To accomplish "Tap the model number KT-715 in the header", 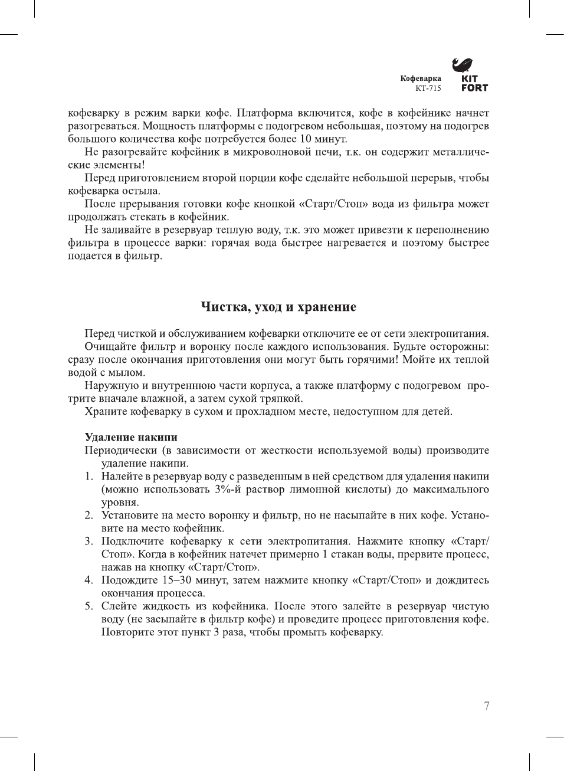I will pos(428,88).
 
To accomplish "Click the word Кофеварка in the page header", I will pos(421,78).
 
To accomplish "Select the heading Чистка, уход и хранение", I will pos(278,307).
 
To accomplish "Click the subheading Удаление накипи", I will pos(131,437).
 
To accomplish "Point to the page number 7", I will pos(486,706).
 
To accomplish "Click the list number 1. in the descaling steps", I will pos(88,476).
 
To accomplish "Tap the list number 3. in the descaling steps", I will pos(88,541).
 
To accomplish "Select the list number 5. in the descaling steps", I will pos(88,606).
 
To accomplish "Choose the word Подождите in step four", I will pos(129,580).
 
